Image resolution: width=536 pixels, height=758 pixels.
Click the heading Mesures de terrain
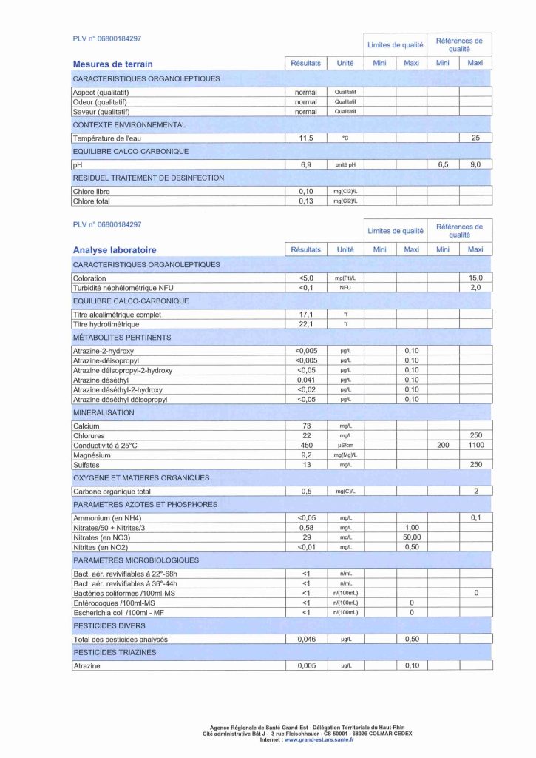click(x=112, y=64)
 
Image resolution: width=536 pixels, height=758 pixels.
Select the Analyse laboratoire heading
click(x=115, y=250)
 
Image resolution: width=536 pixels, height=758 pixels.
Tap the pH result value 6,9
click(x=305, y=165)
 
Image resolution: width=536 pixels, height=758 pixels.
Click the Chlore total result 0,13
click(x=305, y=201)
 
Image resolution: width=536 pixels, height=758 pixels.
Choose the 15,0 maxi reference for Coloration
click(x=475, y=278)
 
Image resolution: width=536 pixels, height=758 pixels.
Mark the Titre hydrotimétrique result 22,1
click(x=305, y=324)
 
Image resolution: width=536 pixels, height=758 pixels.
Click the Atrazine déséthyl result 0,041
click(x=305, y=380)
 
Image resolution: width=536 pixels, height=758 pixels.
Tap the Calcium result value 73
click(x=305, y=426)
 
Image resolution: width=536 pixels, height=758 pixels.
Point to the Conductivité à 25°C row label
click(x=105, y=446)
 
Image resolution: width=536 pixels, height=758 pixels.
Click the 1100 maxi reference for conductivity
click(x=475, y=446)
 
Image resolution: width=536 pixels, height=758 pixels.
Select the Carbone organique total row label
click(x=112, y=492)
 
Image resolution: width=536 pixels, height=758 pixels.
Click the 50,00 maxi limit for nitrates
click(x=412, y=537)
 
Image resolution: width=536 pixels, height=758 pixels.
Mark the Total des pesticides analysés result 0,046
click(x=305, y=639)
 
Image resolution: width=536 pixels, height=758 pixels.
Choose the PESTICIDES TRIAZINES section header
click(x=115, y=653)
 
